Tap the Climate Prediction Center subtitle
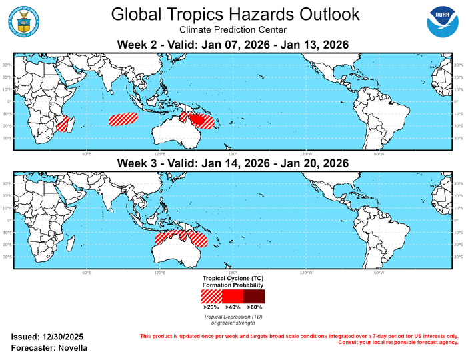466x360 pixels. tap(233, 30)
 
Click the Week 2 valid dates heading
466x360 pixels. tap(233, 45)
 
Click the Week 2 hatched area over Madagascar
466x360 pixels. tap(63, 123)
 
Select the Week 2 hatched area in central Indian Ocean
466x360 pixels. tap(123, 119)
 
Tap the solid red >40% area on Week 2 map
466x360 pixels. tap(197, 119)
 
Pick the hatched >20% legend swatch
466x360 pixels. tap(211, 296)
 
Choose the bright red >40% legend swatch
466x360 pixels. tap(233, 296)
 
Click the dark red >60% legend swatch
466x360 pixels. tap(254, 296)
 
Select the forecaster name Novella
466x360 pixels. tap(70, 349)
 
